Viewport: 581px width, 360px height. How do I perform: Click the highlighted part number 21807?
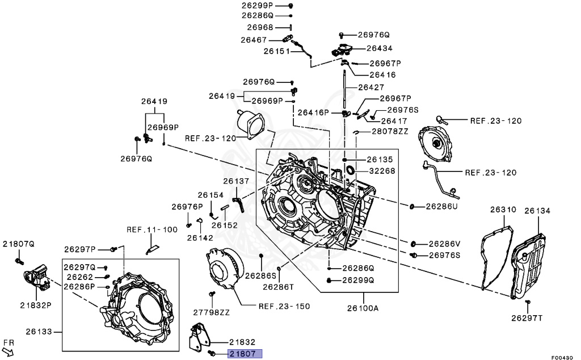point(245,354)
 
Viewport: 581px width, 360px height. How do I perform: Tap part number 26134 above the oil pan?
point(537,211)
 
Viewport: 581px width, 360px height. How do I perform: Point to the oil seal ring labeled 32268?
point(350,170)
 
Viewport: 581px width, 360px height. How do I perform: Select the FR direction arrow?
point(8,348)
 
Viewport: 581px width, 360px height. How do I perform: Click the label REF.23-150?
point(284,306)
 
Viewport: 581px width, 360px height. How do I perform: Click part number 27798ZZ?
point(212,312)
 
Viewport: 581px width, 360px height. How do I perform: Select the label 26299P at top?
point(257,5)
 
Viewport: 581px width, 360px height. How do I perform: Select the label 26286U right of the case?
point(441,206)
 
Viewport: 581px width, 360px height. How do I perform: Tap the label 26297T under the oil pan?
point(526,317)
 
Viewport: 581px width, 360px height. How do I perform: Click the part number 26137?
point(235,181)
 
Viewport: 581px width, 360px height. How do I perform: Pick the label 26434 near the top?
point(380,48)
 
